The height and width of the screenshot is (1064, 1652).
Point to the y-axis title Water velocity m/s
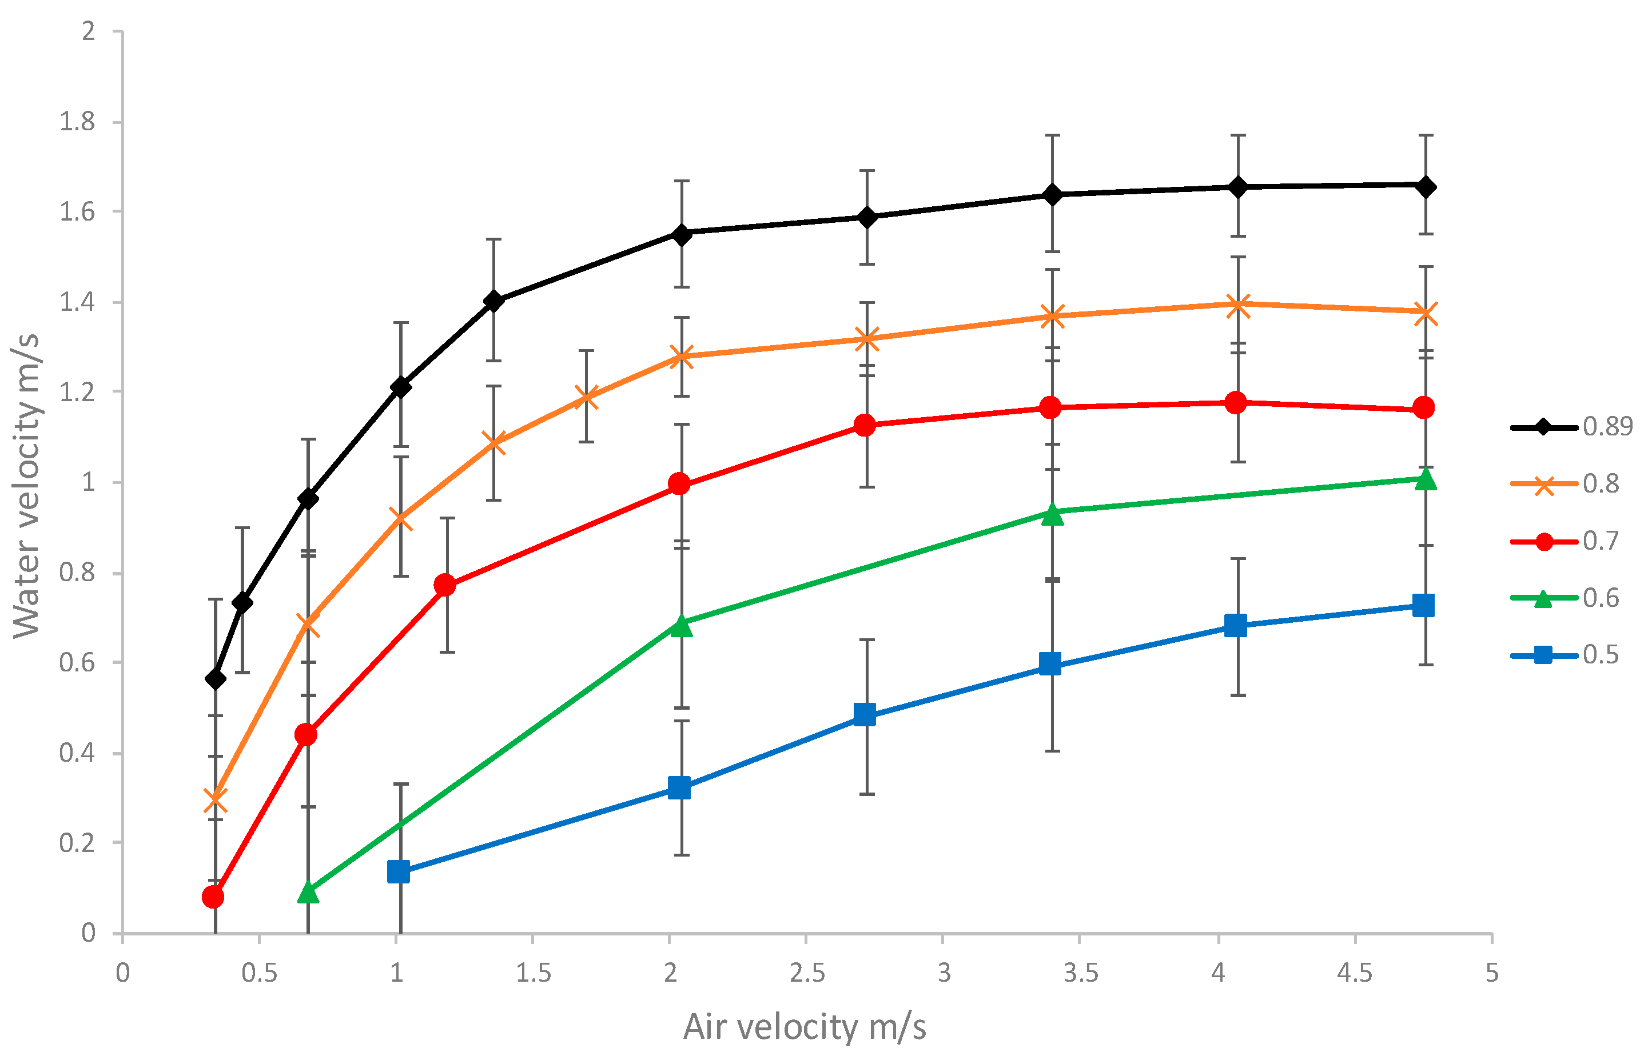(26, 485)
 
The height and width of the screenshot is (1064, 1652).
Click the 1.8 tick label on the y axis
(77, 122)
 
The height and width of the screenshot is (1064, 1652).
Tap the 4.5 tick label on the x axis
(1354, 973)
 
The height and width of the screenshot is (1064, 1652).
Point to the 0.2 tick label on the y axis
(77, 843)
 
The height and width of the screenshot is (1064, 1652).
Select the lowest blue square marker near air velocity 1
(399, 872)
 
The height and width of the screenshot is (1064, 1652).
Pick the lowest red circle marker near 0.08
(213, 897)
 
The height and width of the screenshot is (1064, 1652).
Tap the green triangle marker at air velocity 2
(682, 625)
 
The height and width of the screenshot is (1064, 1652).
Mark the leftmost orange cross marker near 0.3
(216, 800)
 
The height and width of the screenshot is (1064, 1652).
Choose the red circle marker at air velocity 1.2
(445, 585)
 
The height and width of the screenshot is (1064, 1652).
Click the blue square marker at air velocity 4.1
(1235, 626)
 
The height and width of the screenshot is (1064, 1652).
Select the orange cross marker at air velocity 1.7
(586, 397)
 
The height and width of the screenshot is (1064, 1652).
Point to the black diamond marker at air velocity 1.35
(493, 301)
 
